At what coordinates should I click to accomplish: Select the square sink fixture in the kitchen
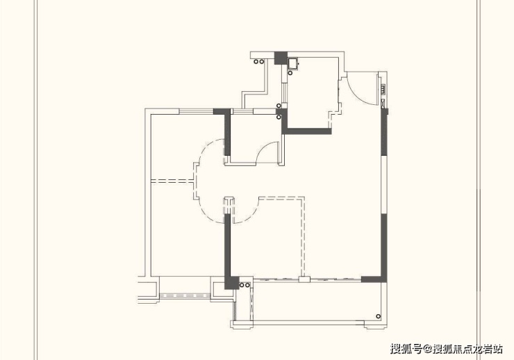[292, 63]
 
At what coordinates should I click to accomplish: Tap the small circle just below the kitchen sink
[290, 73]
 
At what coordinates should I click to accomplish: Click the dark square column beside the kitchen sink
[281, 58]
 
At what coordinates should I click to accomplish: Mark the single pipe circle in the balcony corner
[379, 316]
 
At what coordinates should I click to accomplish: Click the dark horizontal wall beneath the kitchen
[307, 131]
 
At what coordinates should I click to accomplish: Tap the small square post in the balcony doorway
[304, 279]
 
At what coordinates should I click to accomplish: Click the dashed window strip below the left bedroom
[185, 296]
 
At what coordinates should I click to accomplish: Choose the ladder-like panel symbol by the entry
[383, 89]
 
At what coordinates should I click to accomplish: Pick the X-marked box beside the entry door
[383, 103]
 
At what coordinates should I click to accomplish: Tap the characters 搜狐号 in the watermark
[406, 348]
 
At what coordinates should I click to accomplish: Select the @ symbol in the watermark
[427, 349]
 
